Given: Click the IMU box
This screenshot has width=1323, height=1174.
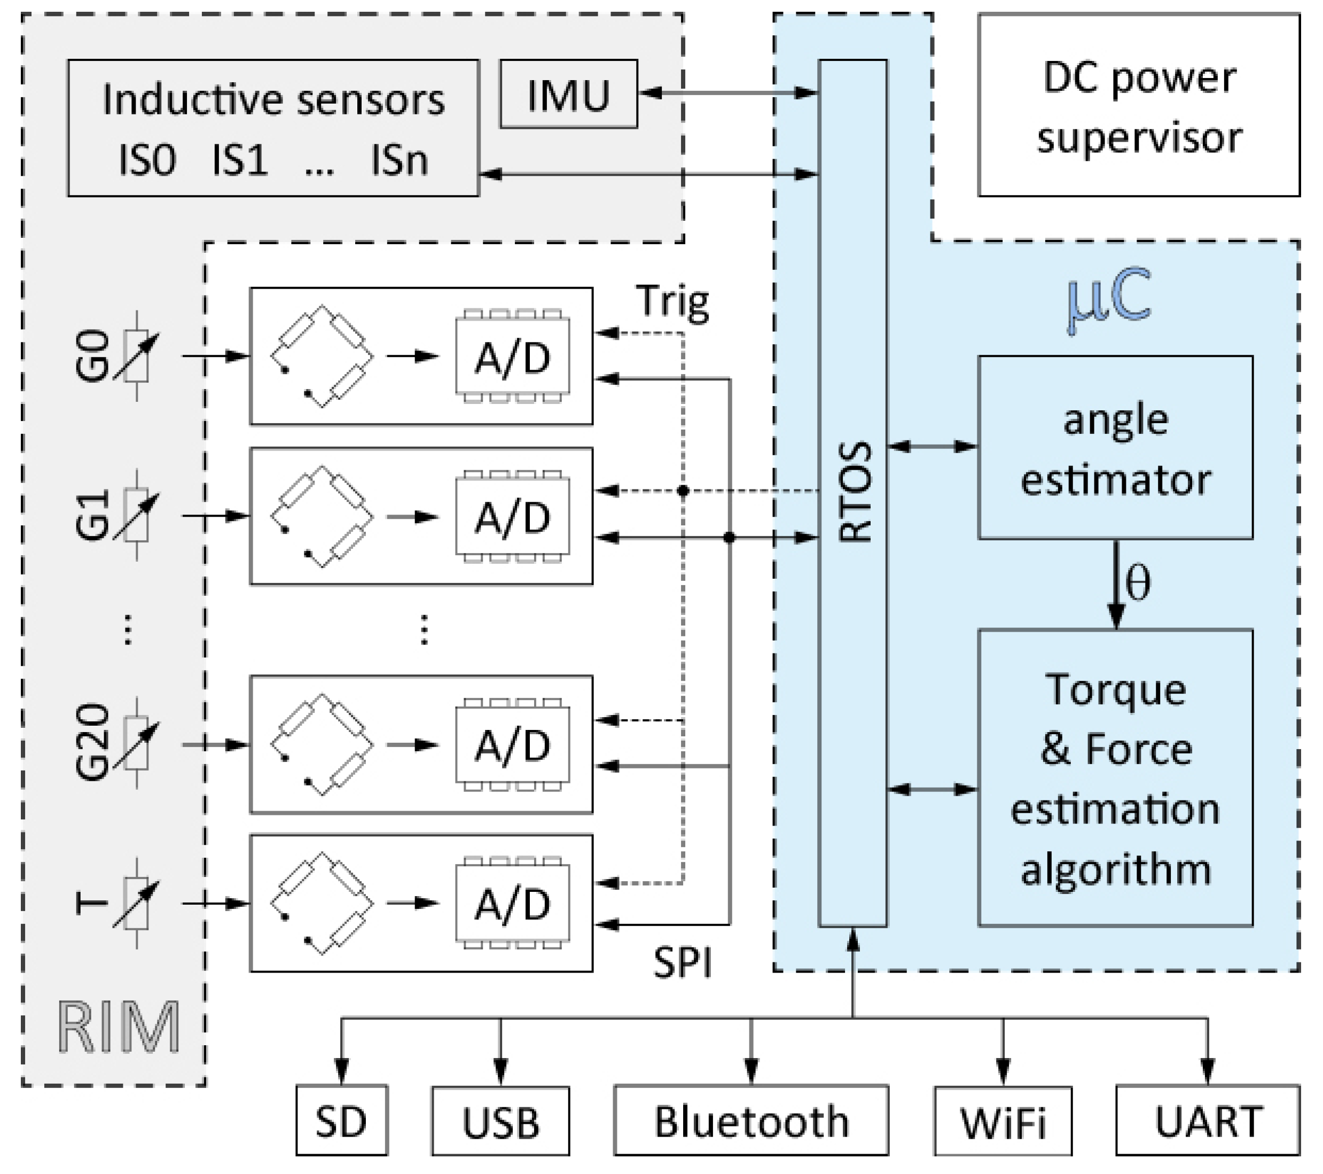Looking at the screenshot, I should tap(568, 94).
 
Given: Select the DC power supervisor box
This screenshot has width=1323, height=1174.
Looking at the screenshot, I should tap(1139, 105).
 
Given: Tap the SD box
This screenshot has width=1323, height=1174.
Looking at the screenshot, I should tap(341, 1122).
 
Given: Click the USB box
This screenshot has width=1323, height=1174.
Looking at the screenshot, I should tap(500, 1122).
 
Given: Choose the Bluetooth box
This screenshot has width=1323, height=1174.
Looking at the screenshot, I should tap(751, 1122).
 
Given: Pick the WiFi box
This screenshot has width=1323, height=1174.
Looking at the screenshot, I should tap(1003, 1122).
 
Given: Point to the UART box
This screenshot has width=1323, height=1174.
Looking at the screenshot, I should tap(1208, 1122).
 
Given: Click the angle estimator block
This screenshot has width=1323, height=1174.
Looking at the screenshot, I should tap(1115, 447).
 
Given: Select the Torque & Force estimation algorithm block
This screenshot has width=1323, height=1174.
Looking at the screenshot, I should tap(1115, 778).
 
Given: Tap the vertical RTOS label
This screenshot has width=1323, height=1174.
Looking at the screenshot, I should tap(855, 492).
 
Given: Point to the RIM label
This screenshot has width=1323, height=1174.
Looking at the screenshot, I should tap(119, 1028).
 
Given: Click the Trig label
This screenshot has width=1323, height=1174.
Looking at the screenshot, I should tap(673, 302).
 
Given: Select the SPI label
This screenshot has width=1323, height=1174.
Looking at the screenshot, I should tap(683, 963).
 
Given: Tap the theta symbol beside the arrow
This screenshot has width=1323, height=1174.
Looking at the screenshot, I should tap(1138, 583).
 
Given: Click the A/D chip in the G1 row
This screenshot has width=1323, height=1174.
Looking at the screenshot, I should tap(512, 517).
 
